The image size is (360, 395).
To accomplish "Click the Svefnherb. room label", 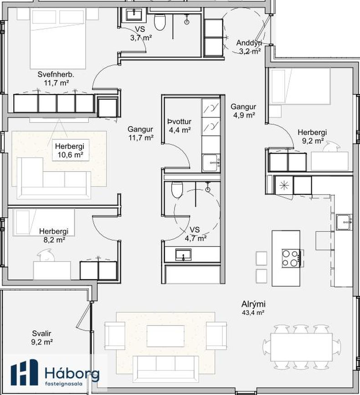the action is pos(56,75).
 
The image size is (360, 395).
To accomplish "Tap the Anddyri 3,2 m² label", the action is pos(249,47).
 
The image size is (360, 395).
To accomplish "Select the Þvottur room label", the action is pos(180,122).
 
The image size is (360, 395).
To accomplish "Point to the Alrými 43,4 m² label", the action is pos(253,308).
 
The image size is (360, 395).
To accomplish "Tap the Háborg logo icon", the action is pos(25,372).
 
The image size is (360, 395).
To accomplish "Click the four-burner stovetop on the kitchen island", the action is pos(291,258).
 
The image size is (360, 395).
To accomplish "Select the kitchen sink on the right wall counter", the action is pos(344,222).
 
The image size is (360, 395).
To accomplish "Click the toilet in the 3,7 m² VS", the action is pos(159,22).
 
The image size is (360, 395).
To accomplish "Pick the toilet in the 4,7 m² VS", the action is pos(177,189).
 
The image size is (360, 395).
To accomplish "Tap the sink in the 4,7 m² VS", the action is pos(183,255).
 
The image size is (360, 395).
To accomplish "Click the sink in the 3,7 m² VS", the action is pos(134,14).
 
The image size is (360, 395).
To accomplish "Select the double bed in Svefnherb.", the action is pos(58,38).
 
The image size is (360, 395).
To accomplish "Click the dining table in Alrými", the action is pos(301,348).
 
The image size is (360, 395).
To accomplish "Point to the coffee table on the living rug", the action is pos(165,336).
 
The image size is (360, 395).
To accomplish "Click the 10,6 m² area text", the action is pos(71,155).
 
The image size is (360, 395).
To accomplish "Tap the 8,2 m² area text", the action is pos(54,240).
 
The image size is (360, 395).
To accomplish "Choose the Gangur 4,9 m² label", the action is pos(243,111).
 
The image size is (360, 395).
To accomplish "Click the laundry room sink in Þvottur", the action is pos(211,163).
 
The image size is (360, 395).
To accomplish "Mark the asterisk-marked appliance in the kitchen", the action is pos(284,185).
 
